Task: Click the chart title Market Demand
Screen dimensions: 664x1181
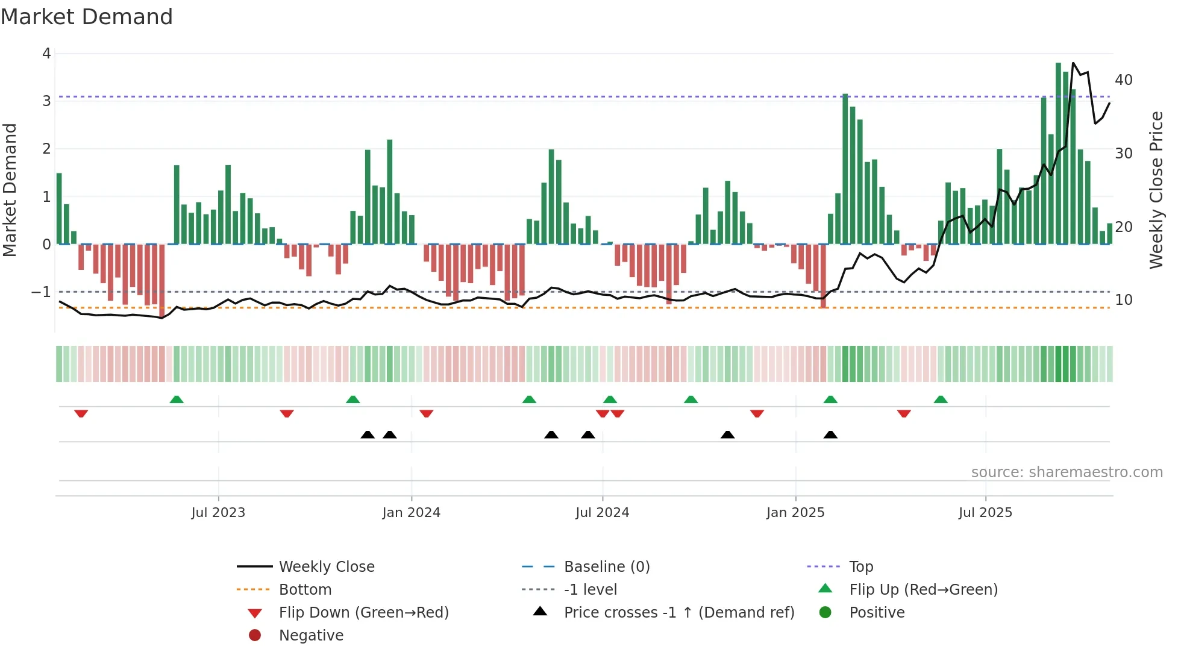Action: (x=87, y=17)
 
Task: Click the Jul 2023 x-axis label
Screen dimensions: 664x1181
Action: (x=218, y=513)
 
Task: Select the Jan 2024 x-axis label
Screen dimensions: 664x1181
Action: (x=411, y=513)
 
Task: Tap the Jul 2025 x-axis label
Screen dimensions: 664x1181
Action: (x=985, y=513)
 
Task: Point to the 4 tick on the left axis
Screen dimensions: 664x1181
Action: (x=46, y=54)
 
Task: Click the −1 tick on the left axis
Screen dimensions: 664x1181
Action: (x=41, y=292)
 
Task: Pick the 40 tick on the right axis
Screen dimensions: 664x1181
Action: (x=1123, y=80)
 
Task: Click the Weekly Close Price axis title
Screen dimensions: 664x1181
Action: (x=1156, y=190)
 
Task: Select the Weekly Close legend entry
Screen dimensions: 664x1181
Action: (x=326, y=567)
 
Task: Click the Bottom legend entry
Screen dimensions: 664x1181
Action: (x=305, y=590)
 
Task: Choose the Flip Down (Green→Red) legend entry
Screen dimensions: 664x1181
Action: (x=363, y=613)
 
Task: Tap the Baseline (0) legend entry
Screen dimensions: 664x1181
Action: (x=606, y=567)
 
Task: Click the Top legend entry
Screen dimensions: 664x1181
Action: (x=860, y=567)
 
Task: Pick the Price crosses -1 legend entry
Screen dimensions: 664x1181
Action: (x=678, y=613)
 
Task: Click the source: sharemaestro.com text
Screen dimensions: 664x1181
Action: (x=1067, y=472)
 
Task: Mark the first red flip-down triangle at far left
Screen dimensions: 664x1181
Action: (x=81, y=413)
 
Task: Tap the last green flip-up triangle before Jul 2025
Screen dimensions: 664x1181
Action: (x=941, y=399)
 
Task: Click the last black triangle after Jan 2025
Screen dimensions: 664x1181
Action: (x=830, y=434)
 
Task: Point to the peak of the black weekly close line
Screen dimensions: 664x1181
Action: (x=1073, y=63)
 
